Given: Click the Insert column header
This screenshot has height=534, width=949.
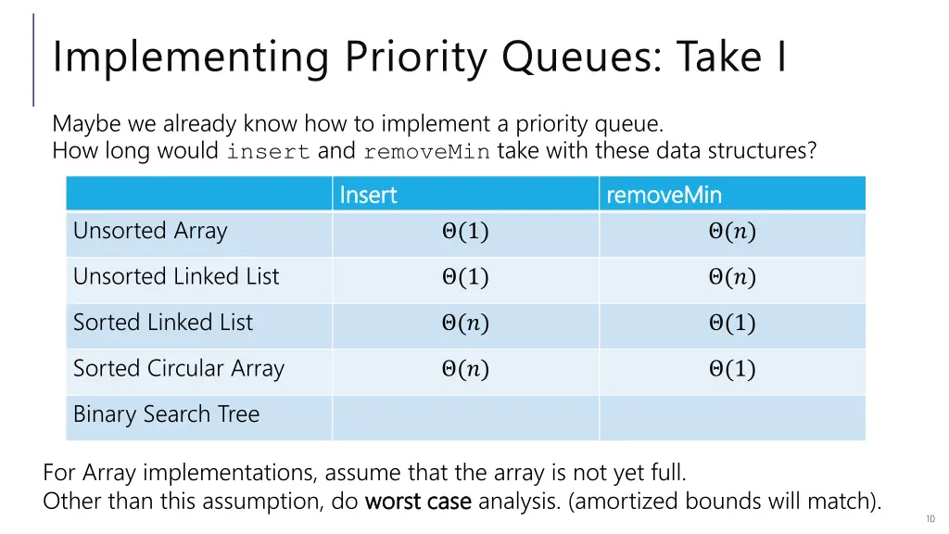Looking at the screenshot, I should click(x=368, y=195).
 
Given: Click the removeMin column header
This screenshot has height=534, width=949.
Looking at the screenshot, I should click(x=664, y=195).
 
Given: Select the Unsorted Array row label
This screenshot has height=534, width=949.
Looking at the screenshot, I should click(x=150, y=231).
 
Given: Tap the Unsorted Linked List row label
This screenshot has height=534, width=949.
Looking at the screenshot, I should click(x=176, y=276).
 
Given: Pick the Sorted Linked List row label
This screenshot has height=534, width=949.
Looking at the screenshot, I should click(x=163, y=323).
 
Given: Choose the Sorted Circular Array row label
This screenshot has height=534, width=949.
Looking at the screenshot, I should click(x=179, y=368).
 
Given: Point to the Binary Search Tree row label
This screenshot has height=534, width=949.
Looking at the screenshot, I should click(x=167, y=414).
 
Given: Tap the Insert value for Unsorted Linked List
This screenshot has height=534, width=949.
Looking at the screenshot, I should click(x=465, y=278).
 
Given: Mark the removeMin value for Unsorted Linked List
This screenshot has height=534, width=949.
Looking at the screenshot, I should click(x=732, y=278).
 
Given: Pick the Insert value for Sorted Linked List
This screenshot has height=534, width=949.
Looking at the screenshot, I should click(x=465, y=324).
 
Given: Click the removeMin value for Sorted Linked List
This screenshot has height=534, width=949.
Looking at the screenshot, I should click(x=732, y=324).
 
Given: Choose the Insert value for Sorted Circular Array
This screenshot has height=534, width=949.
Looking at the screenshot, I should click(x=465, y=370).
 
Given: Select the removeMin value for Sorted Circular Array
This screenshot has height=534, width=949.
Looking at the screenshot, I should click(x=732, y=370).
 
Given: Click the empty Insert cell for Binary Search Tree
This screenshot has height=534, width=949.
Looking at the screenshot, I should click(x=465, y=417).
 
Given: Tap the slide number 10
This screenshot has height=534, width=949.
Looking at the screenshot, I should click(x=930, y=519).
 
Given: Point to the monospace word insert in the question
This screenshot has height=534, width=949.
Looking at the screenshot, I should click(x=268, y=152).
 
